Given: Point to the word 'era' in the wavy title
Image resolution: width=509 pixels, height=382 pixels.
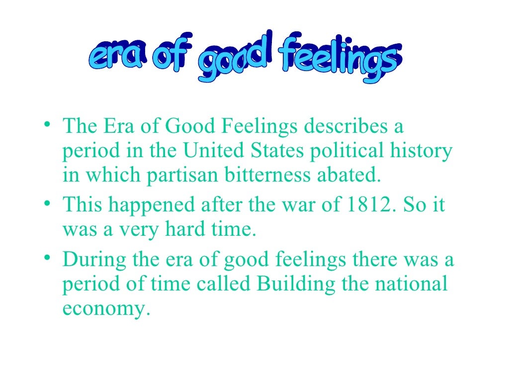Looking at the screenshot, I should tap(115, 58).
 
